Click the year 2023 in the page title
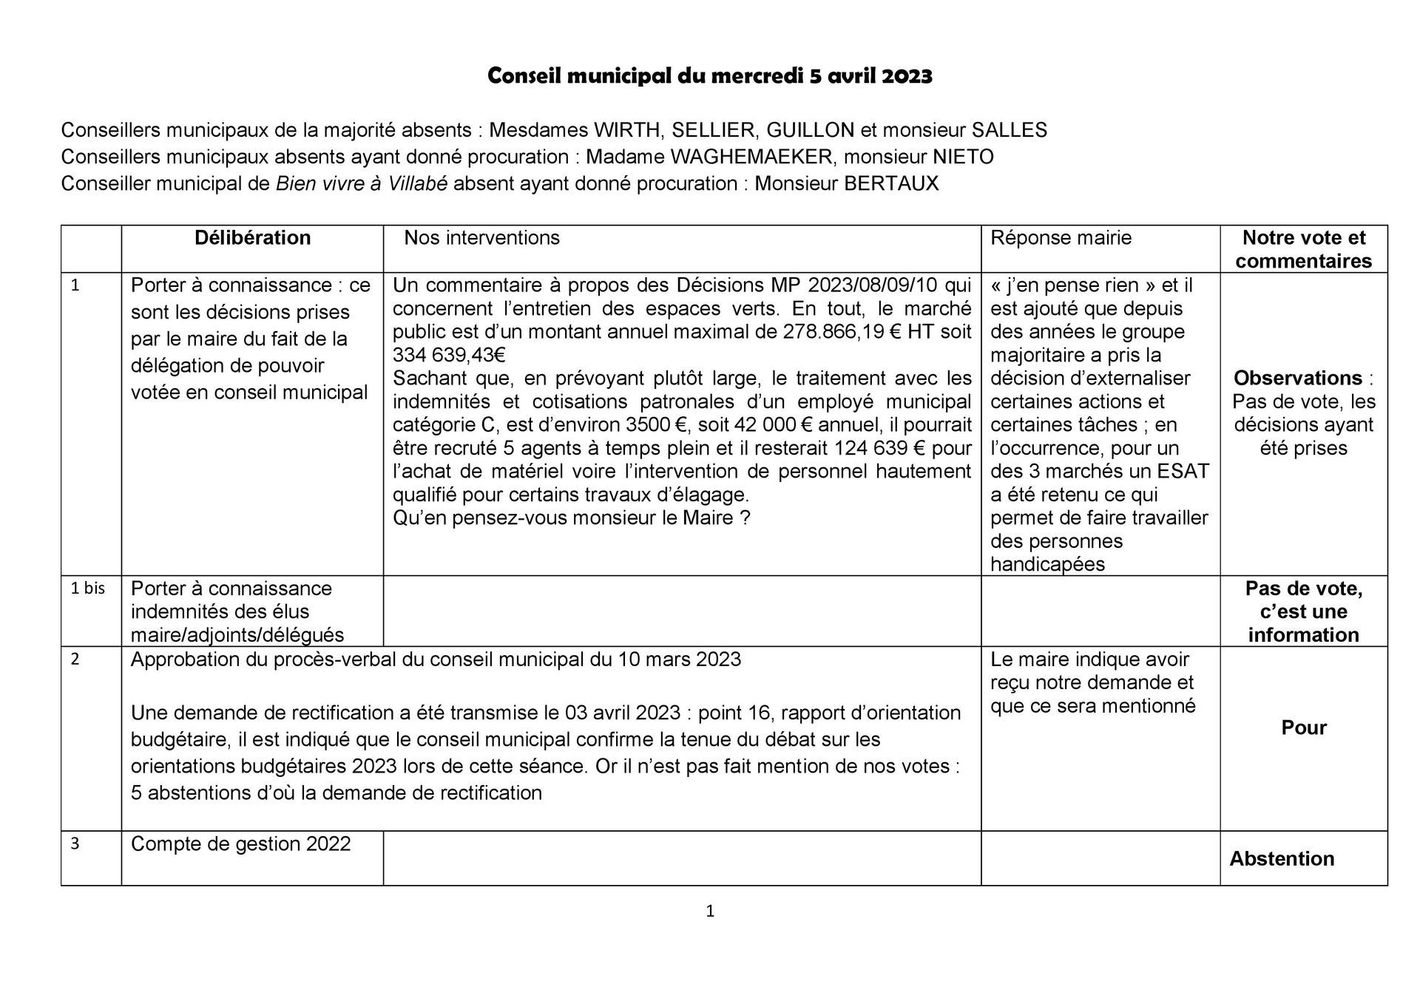pos(906,76)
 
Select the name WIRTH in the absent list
pos(627,131)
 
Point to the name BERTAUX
pos(891,184)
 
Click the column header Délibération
pos(252,238)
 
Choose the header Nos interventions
pos(481,238)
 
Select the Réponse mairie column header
pos(1061,238)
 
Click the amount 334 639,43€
pos(448,356)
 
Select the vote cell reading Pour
pos(1303,728)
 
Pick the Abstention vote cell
pos(1282,859)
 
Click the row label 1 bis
pos(87,589)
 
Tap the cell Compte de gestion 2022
pos(240,844)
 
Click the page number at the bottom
pos(710,912)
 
